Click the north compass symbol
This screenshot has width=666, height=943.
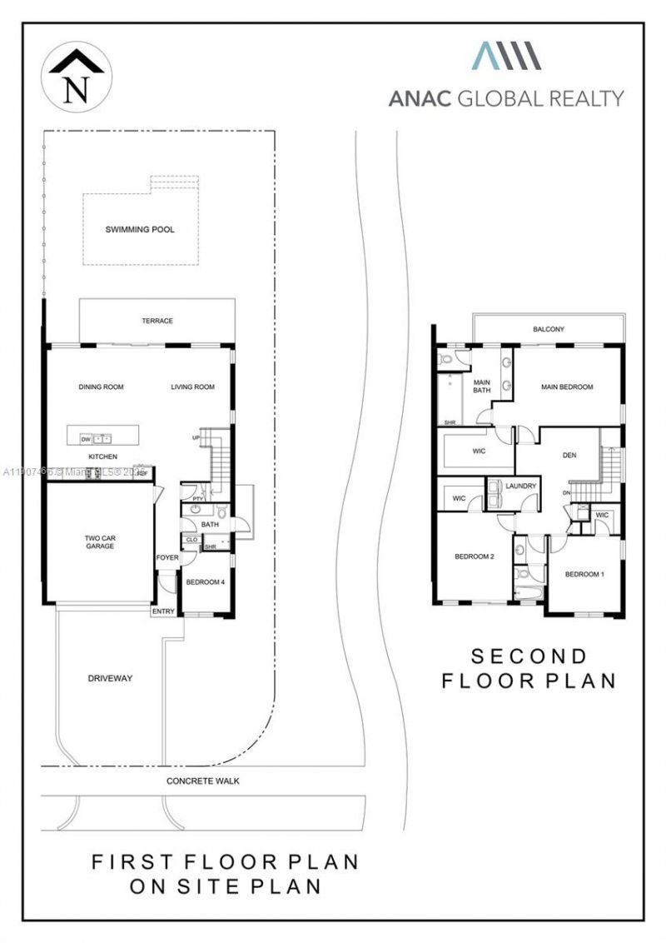pyautogui.click(x=75, y=76)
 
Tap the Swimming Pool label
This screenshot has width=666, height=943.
pyautogui.click(x=140, y=229)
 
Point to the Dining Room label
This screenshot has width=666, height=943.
pyautogui.click(x=101, y=387)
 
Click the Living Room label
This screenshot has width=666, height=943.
pyautogui.click(x=192, y=387)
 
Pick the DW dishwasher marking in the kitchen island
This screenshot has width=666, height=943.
pyautogui.click(x=86, y=438)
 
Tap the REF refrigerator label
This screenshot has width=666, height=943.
pyautogui.click(x=142, y=473)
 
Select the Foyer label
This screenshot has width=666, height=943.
pyautogui.click(x=166, y=557)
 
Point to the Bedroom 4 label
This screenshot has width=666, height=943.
pyautogui.click(x=205, y=582)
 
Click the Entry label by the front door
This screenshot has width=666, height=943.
pyautogui.click(x=163, y=611)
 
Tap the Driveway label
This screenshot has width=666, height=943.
pyautogui.click(x=110, y=678)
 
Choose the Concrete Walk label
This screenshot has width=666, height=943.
pyautogui.click(x=202, y=781)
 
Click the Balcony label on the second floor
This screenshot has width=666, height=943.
pyautogui.click(x=548, y=329)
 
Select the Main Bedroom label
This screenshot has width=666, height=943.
pyautogui.click(x=566, y=387)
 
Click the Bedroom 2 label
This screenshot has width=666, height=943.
pyautogui.click(x=475, y=556)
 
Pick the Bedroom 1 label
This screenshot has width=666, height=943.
pyautogui.click(x=584, y=575)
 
